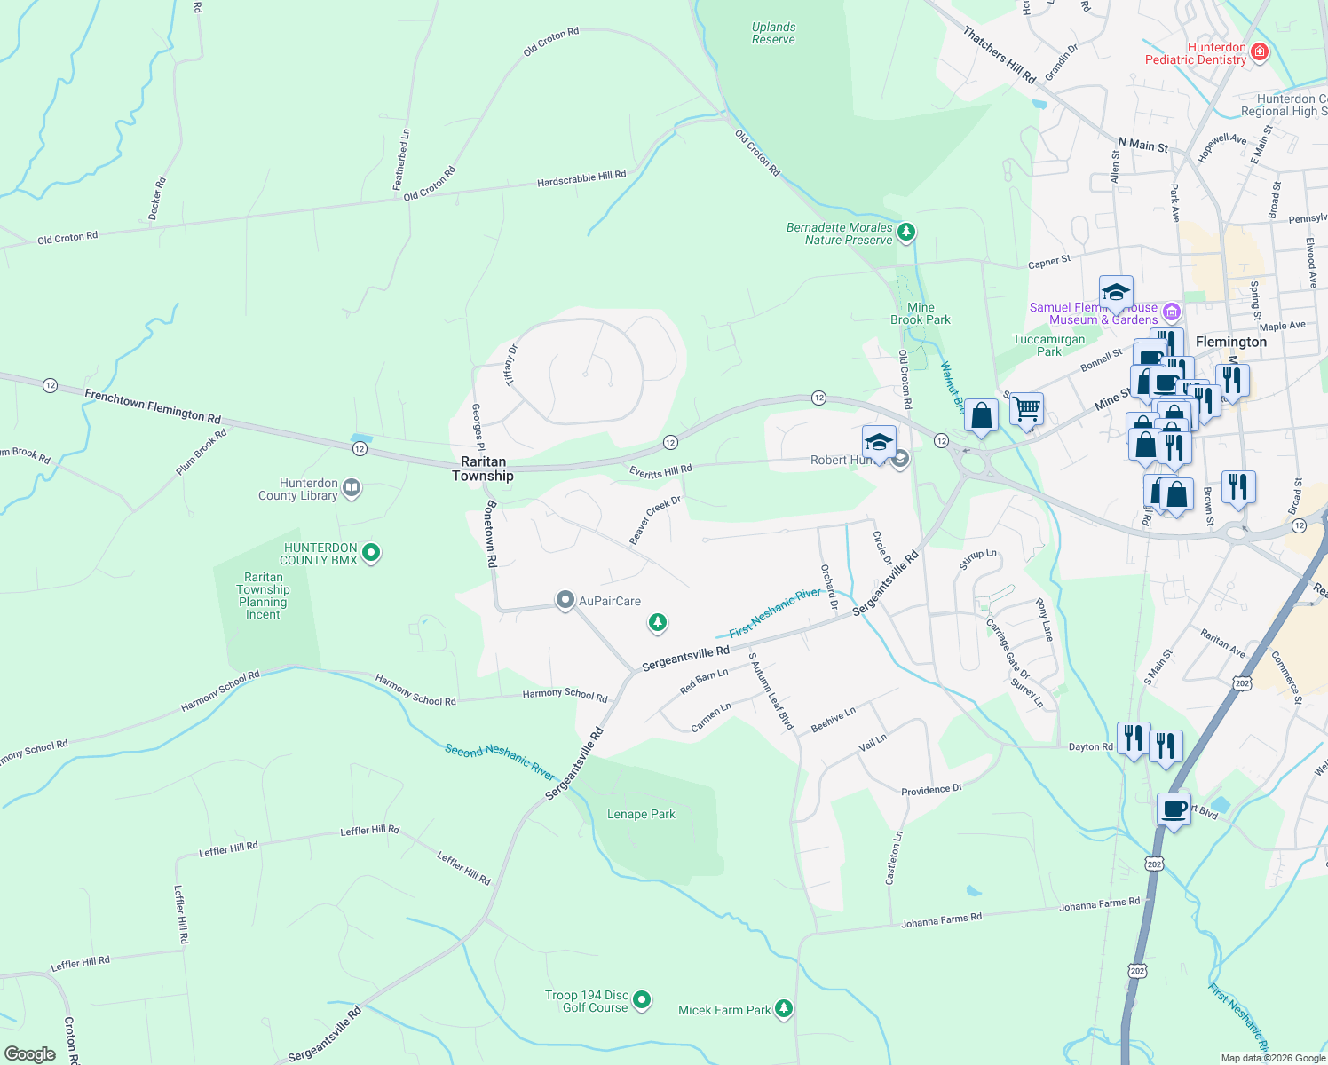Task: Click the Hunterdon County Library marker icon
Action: click(x=352, y=487)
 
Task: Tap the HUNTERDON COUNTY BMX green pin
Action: click(x=371, y=553)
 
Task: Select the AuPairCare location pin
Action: click(x=565, y=601)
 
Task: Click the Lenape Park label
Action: click(x=641, y=814)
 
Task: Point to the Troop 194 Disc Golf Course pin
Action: click(x=642, y=1000)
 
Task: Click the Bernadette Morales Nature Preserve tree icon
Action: click(x=905, y=233)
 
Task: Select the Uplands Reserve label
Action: click(x=773, y=34)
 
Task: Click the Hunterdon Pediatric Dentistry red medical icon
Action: click(x=1258, y=53)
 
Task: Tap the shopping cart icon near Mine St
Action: click(x=1026, y=408)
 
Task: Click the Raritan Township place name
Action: click(x=483, y=469)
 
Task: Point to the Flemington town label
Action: click(x=1231, y=342)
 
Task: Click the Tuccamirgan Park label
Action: click(x=1048, y=345)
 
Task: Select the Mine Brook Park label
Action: click(x=921, y=313)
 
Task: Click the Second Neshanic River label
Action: click(x=500, y=761)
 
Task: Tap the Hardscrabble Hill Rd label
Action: click(x=581, y=178)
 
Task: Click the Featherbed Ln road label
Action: click(x=401, y=160)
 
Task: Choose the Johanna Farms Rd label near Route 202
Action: click(x=1099, y=904)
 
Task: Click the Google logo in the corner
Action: click(x=30, y=1054)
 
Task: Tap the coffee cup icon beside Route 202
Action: click(x=1174, y=809)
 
